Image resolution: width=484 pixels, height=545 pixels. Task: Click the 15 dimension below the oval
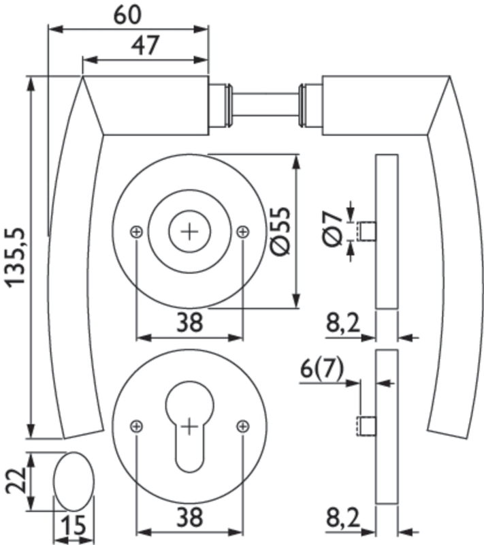pyautogui.click(x=72, y=527)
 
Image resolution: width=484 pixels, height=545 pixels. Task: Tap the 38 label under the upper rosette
pyautogui.click(x=190, y=322)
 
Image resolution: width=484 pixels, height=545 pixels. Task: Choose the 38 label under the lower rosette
pyautogui.click(x=190, y=518)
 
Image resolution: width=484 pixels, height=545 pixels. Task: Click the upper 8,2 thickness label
pyautogui.click(x=343, y=323)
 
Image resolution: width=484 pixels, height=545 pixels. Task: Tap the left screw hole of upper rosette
pyautogui.click(x=137, y=232)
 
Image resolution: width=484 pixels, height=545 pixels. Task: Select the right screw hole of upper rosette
pyautogui.click(x=243, y=232)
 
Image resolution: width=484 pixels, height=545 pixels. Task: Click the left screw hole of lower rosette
pyautogui.click(x=137, y=426)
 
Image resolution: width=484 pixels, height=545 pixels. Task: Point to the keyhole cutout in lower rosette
pyautogui.click(x=190, y=422)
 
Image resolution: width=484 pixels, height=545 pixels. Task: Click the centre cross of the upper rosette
pyautogui.click(x=190, y=232)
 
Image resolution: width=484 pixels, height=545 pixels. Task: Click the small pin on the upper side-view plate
pyautogui.click(x=368, y=231)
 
